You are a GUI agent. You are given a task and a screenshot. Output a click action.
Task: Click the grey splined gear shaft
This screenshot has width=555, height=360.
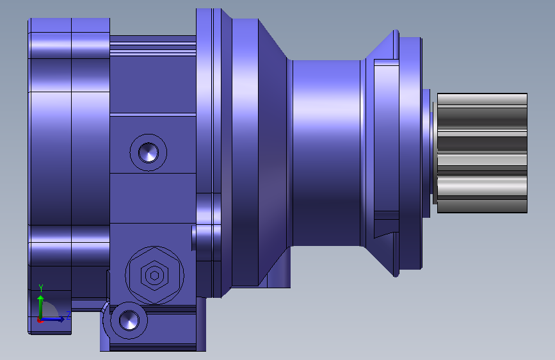point(482,153)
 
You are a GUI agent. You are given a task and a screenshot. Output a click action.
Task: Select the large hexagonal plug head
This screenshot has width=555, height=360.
point(154,275)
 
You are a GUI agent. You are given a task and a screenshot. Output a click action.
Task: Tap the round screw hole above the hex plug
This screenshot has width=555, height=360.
point(149,152)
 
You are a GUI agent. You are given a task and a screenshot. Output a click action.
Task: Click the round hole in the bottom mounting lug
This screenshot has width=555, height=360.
point(129,320)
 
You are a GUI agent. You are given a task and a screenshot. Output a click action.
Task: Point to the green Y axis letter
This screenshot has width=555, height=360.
point(41,288)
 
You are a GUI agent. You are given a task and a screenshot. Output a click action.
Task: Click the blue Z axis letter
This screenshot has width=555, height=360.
point(68,315)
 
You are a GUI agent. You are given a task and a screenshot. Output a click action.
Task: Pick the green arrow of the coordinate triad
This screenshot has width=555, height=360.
point(41,307)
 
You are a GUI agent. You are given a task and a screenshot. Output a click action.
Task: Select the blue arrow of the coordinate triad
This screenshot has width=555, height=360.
point(52,320)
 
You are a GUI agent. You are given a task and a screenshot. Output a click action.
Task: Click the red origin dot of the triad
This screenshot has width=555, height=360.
point(40,321)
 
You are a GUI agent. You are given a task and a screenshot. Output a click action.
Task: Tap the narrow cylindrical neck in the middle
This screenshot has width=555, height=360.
point(326,153)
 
